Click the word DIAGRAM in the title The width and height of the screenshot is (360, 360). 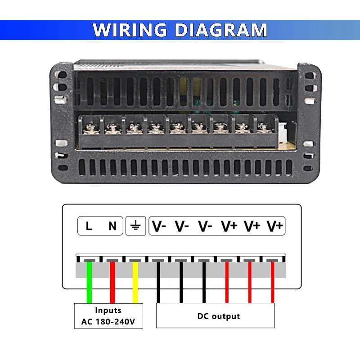220,30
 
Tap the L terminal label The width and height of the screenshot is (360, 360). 89,226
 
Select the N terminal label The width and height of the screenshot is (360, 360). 112,226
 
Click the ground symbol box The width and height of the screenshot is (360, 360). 135,226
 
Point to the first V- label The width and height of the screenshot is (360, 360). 158,226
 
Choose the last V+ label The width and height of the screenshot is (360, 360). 274,226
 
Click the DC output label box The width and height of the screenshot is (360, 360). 215,316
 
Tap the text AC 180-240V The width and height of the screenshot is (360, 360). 108,322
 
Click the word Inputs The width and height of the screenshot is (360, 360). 108,310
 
